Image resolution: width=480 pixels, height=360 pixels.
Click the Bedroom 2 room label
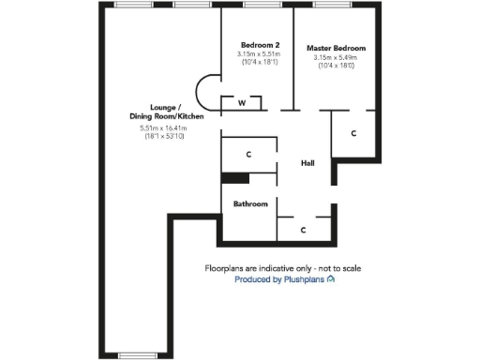coord(260,45)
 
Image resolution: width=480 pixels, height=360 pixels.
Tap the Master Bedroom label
coord(336,48)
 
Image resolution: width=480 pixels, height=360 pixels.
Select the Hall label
coord(307,163)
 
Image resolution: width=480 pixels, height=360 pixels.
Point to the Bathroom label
coord(250,203)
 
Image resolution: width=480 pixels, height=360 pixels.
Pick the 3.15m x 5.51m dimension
coord(260,54)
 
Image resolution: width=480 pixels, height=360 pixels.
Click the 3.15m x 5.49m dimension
coord(336,57)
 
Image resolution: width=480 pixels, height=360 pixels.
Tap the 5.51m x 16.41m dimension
coord(164,127)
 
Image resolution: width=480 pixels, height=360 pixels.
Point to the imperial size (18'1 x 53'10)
coord(164,137)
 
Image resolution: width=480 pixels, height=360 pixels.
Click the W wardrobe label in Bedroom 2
coord(242,102)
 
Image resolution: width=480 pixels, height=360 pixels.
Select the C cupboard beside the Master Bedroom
coord(352,134)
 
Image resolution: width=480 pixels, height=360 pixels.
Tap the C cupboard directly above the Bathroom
coord(248,153)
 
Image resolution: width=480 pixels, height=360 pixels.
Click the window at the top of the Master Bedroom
coord(326,5)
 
